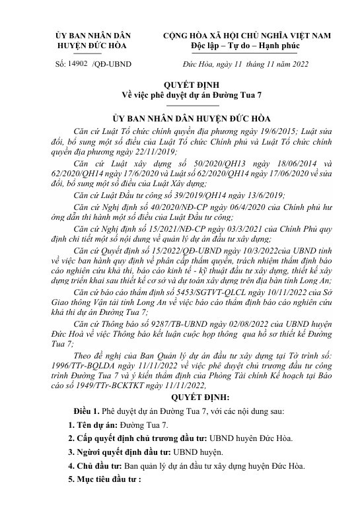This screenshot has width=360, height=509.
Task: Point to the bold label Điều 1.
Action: coord(87,412)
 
